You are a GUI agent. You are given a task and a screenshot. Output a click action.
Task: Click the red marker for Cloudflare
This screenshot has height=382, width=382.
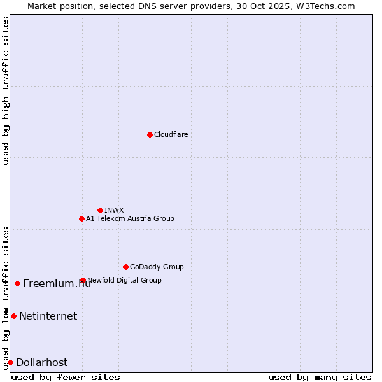point(150,134)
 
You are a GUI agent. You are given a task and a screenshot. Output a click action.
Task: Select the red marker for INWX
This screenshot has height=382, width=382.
point(100,210)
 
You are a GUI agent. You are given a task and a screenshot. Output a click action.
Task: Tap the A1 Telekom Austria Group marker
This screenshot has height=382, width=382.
point(81,218)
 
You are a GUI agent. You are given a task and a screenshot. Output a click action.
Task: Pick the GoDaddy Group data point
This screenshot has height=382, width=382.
point(125,267)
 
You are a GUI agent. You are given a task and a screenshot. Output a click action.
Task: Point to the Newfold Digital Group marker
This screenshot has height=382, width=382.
point(83,280)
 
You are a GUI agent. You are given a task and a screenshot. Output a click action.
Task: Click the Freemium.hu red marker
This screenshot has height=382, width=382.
point(17,283)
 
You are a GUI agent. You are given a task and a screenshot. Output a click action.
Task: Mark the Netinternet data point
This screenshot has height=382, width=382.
point(13,316)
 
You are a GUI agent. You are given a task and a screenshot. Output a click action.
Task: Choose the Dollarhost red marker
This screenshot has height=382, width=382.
point(10,362)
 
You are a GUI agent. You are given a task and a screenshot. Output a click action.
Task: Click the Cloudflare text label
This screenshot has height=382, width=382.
point(171,134)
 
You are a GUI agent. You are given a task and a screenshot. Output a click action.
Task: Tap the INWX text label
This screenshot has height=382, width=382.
point(114,210)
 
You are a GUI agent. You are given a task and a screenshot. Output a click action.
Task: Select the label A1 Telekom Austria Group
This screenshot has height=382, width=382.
point(130,218)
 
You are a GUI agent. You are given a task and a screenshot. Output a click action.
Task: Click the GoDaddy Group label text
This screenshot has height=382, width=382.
point(157,267)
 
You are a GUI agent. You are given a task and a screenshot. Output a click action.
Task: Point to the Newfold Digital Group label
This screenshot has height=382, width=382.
point(125,280)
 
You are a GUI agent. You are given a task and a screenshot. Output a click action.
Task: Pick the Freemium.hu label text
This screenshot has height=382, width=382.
point(57,283)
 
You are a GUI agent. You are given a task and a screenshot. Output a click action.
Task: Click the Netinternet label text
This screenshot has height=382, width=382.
point(48,316)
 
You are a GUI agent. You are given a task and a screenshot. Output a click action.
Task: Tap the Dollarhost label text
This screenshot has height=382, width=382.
point(41,362)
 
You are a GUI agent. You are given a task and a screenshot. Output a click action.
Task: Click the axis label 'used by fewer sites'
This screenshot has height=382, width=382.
point(66,377)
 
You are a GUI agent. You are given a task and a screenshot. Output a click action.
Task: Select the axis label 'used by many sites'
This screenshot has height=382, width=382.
point(320,377)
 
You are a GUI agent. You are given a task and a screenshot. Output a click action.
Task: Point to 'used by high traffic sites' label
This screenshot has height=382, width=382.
point(6,90)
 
